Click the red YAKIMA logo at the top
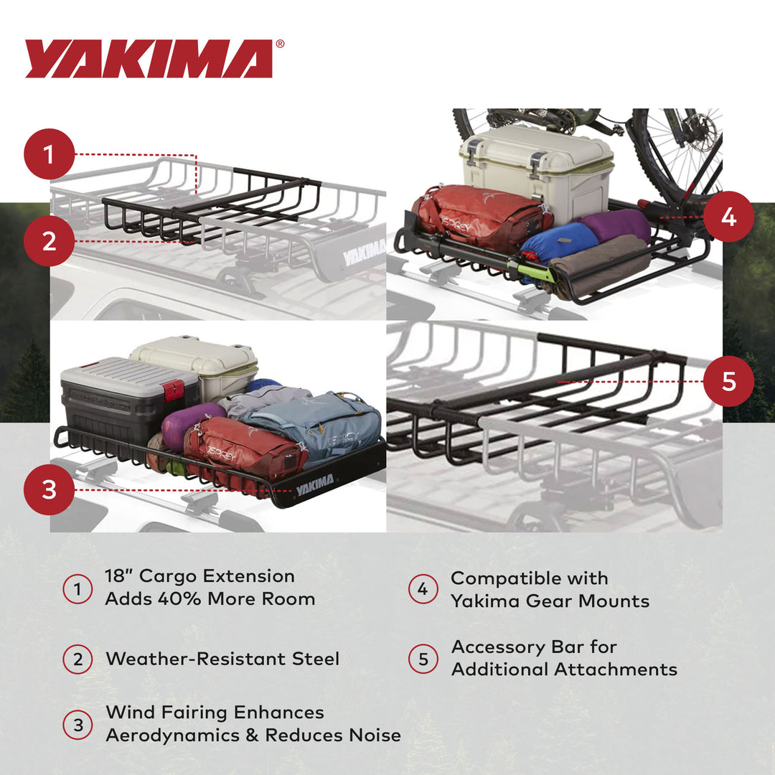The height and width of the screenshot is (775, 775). tap(149, 59)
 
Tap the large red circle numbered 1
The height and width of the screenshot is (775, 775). tap(49, 154)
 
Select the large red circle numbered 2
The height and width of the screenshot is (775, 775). tap(49, 240)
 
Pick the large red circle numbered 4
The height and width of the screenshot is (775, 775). tap(728, 215)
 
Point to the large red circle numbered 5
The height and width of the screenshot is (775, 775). tap(728, 381)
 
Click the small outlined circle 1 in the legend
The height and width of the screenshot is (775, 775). tap(77, 589)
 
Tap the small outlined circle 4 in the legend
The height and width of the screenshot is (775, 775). tap(423, 589)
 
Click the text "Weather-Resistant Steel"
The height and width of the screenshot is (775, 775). tap(222, 659)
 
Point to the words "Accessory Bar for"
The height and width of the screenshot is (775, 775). tap(534, 647)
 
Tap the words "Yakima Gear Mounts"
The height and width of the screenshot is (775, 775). tap(550, 601)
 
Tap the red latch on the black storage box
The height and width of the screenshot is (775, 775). tap(172, 391)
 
